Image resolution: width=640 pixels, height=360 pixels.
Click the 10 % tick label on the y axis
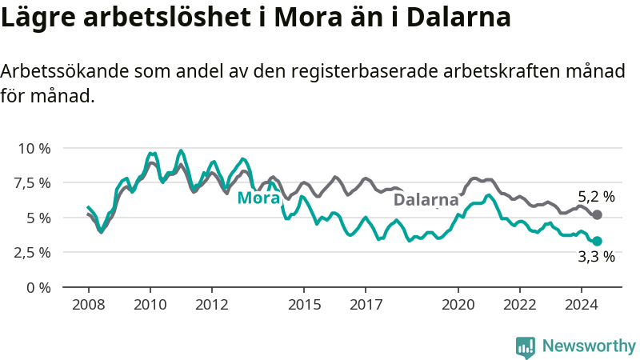pos(34,148)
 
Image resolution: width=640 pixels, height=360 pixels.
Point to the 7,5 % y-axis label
pos(32,183)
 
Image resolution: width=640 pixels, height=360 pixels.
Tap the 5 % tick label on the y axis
pos(38,218)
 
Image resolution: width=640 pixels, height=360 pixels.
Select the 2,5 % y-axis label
pos(32,253)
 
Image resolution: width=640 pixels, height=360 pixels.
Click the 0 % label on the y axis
pos(38,288)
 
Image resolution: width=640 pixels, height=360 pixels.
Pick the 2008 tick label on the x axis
pos(89,305)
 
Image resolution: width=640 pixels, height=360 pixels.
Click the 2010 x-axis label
pos(150,305)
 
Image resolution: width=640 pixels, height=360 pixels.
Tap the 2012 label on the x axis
pos(212,305)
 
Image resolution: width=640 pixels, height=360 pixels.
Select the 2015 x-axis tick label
pos(304,305)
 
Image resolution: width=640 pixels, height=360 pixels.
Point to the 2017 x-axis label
pos(366,305)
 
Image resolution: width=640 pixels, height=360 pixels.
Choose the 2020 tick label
pos(458,305)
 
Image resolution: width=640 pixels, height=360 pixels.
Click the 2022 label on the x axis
pos(519,305)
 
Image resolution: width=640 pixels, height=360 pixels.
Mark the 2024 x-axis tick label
pos(582,305)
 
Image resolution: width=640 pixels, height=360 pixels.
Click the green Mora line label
pos(258,198)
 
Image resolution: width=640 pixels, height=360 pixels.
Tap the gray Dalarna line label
pos(426,199)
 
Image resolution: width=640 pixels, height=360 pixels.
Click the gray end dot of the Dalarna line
pos(597,214)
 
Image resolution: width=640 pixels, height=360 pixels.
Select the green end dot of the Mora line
pos(597,242)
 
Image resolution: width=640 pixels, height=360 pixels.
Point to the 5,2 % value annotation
pos(596,197)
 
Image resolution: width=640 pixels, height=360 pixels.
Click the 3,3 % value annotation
pos(596,256)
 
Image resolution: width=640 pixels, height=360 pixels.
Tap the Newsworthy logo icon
pos(526,347)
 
